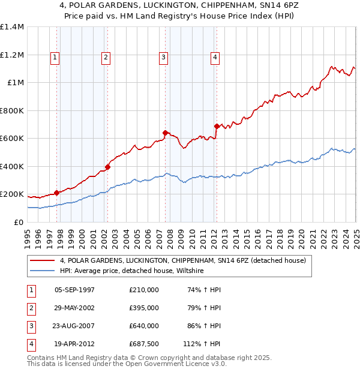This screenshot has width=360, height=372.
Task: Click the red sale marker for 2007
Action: [165, 133]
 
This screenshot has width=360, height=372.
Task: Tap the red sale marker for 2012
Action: [216, 126]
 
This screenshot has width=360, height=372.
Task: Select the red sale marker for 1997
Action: [56, 193]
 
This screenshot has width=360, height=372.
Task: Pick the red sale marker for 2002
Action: [108, 167]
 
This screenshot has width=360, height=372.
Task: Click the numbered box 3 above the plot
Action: [163, 58]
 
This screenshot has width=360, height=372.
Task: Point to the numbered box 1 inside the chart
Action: [55, 58]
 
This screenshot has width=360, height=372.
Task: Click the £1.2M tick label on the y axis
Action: [11, 55]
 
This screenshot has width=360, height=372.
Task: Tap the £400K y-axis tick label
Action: [11, 166]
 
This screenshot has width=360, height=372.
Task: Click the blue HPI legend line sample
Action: [42, 271]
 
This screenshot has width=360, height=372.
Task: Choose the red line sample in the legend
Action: [42, 260]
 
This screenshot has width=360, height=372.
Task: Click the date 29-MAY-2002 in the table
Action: [74, 308]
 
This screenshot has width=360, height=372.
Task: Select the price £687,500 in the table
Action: [143, 344]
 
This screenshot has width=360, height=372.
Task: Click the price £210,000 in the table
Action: [143, 290]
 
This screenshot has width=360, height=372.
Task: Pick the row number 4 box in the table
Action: [31, 344]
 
